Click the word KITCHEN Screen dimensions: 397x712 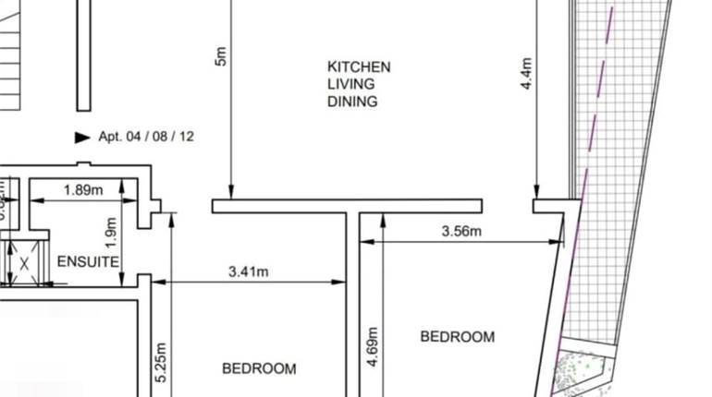click(359, 66)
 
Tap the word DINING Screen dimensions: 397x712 click(352, 102)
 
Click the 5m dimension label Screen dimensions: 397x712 click(219, 55)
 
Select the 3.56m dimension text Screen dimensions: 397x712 click(461, 231)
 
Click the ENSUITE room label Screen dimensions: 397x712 click(88, 261)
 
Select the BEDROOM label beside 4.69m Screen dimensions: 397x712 click(457, 337)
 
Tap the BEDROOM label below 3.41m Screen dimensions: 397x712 click(259, 368)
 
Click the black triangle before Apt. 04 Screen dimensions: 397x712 click(81, 137)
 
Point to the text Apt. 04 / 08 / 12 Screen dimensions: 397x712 click(146, 137)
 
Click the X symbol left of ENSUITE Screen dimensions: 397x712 click(25, 264)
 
